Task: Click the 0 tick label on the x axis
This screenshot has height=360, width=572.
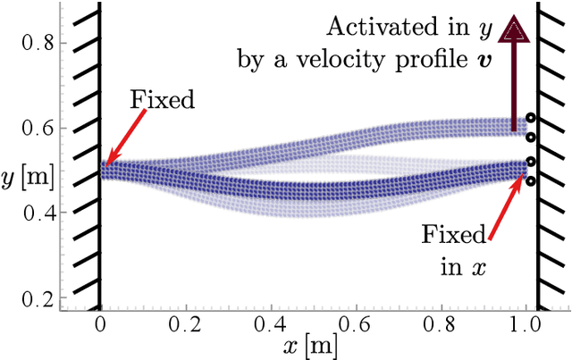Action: tap(99, 324)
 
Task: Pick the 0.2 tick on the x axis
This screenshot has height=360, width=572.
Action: tap(186, 324)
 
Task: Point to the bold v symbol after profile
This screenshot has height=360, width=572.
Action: tap(481, 61)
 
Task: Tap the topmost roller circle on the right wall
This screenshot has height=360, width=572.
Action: tap(530, 118)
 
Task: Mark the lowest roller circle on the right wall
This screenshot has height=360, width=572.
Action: tap(530, 181)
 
